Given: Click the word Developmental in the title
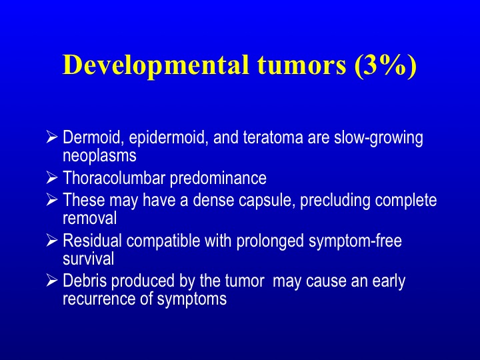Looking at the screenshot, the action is tap(155, 66).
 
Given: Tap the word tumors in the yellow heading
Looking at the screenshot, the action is tap(301, 65).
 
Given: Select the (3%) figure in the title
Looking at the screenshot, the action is tap(386, 65).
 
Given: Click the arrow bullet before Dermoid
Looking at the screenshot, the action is tap(52, 136).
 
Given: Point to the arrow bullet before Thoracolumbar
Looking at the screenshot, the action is tap(52, 178).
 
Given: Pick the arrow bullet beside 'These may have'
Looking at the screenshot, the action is tap(52, 199).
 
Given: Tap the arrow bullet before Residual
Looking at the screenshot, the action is tap(52, 240).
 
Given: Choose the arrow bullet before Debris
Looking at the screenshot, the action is tap(52, 280).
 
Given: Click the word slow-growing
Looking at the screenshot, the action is tap(379, 139).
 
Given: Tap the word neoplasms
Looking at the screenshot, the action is tap(99, 156).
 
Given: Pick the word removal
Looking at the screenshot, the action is tap(90, 218).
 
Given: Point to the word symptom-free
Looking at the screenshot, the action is tap(355, 241).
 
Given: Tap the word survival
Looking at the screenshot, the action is tap(89, 258).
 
